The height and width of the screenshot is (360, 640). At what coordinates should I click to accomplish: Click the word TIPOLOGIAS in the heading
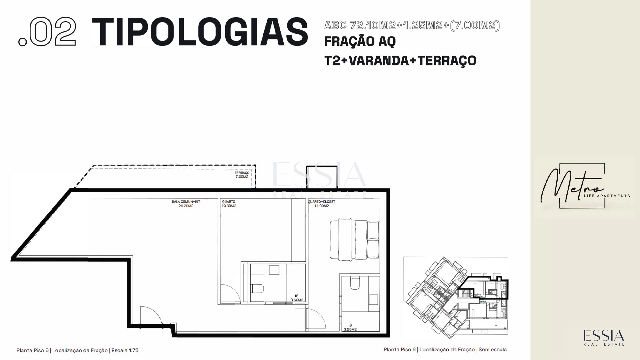[x=200, y=32]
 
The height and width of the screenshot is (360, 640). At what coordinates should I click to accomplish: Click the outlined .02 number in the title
[x=47, y=32]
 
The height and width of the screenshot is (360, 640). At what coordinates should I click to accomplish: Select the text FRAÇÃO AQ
[x=360, y=42]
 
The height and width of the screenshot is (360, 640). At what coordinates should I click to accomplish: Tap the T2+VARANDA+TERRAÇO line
[x=400, y=61]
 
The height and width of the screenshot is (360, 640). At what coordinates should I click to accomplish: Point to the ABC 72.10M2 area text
[x=412, y=25]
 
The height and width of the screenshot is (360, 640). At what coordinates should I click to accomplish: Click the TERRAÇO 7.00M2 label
[x=242, y=175]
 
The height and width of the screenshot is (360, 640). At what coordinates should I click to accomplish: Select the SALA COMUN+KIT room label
[x=186, y=204]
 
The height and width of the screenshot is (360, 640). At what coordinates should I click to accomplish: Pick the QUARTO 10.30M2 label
[x=229, y=204]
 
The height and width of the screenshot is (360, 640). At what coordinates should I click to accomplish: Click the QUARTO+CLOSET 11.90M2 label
[x=321, y=204]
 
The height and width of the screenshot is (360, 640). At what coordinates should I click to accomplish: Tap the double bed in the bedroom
[x=355, y=239]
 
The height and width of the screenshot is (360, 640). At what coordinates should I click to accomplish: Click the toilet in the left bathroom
[x=258, y=288]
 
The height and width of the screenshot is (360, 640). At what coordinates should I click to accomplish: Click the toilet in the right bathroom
[x=355, y=283]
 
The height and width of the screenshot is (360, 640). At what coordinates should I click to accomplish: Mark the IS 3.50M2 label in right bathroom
[x=350, y=327]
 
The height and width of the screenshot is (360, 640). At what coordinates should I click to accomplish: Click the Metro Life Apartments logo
[x=585, y=186]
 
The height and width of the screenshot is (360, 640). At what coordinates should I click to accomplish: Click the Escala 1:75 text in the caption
[x=125, y=350]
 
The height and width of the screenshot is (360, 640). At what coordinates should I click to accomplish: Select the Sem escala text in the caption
[x=493, y=350]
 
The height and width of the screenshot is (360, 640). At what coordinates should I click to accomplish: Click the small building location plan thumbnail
[x=456, y=296]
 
